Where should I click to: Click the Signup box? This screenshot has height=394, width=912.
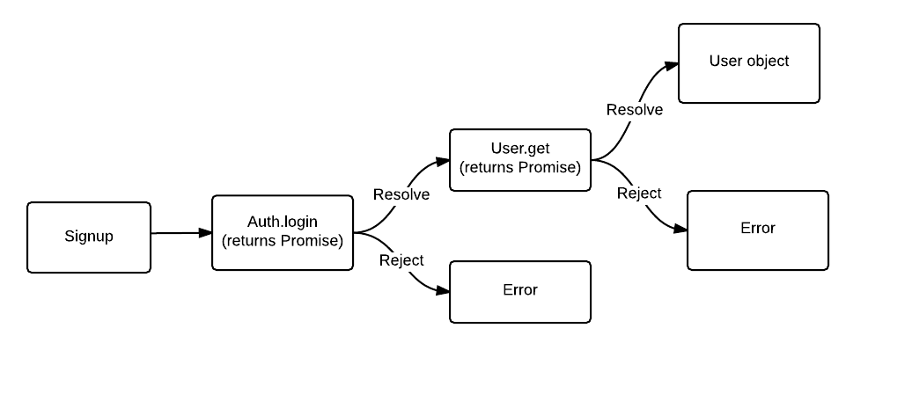coord(89,237)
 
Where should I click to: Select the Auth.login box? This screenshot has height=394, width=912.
coord(282,232)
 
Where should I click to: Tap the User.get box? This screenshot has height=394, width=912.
coord(519,159)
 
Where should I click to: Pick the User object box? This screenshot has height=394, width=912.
coord(748,62)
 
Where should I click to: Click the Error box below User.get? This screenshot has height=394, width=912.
coord(519,291)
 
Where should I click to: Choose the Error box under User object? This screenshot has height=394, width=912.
coord(757,230)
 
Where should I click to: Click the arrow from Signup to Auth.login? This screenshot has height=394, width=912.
coord(180,233)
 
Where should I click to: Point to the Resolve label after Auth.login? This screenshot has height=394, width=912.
coord(401,194)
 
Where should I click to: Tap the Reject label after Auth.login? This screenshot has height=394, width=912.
coord(401,260)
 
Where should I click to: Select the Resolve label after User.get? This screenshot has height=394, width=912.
coord(635,110)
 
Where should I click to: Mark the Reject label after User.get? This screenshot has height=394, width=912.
coord(639,193)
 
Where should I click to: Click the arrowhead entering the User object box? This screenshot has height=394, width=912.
coord(671,67)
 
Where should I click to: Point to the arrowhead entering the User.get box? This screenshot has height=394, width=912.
coord(442,162)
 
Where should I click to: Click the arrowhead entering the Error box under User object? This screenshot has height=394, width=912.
coord(680,229)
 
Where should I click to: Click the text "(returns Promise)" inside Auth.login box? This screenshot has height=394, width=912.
coord(282,241)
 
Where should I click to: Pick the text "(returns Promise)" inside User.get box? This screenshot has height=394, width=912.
coord(519,168)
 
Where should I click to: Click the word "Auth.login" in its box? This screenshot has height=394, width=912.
coord(282,223)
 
